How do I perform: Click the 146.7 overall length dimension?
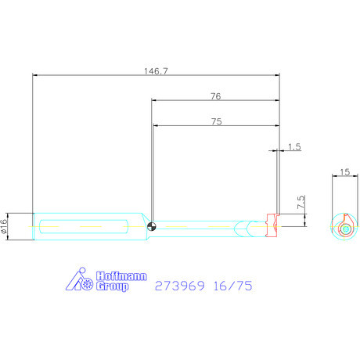(157, 71)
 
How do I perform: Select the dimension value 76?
(215, 96)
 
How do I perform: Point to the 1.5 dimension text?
(294, 146)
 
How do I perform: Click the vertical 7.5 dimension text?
(301, 203)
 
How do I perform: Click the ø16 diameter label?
(5, 226)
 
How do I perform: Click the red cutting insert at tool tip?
(272, 225)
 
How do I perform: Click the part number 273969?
(180, 286)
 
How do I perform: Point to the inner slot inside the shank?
(82, 227)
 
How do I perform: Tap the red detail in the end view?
(345, 229)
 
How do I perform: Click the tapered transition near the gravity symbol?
(143, 226)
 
